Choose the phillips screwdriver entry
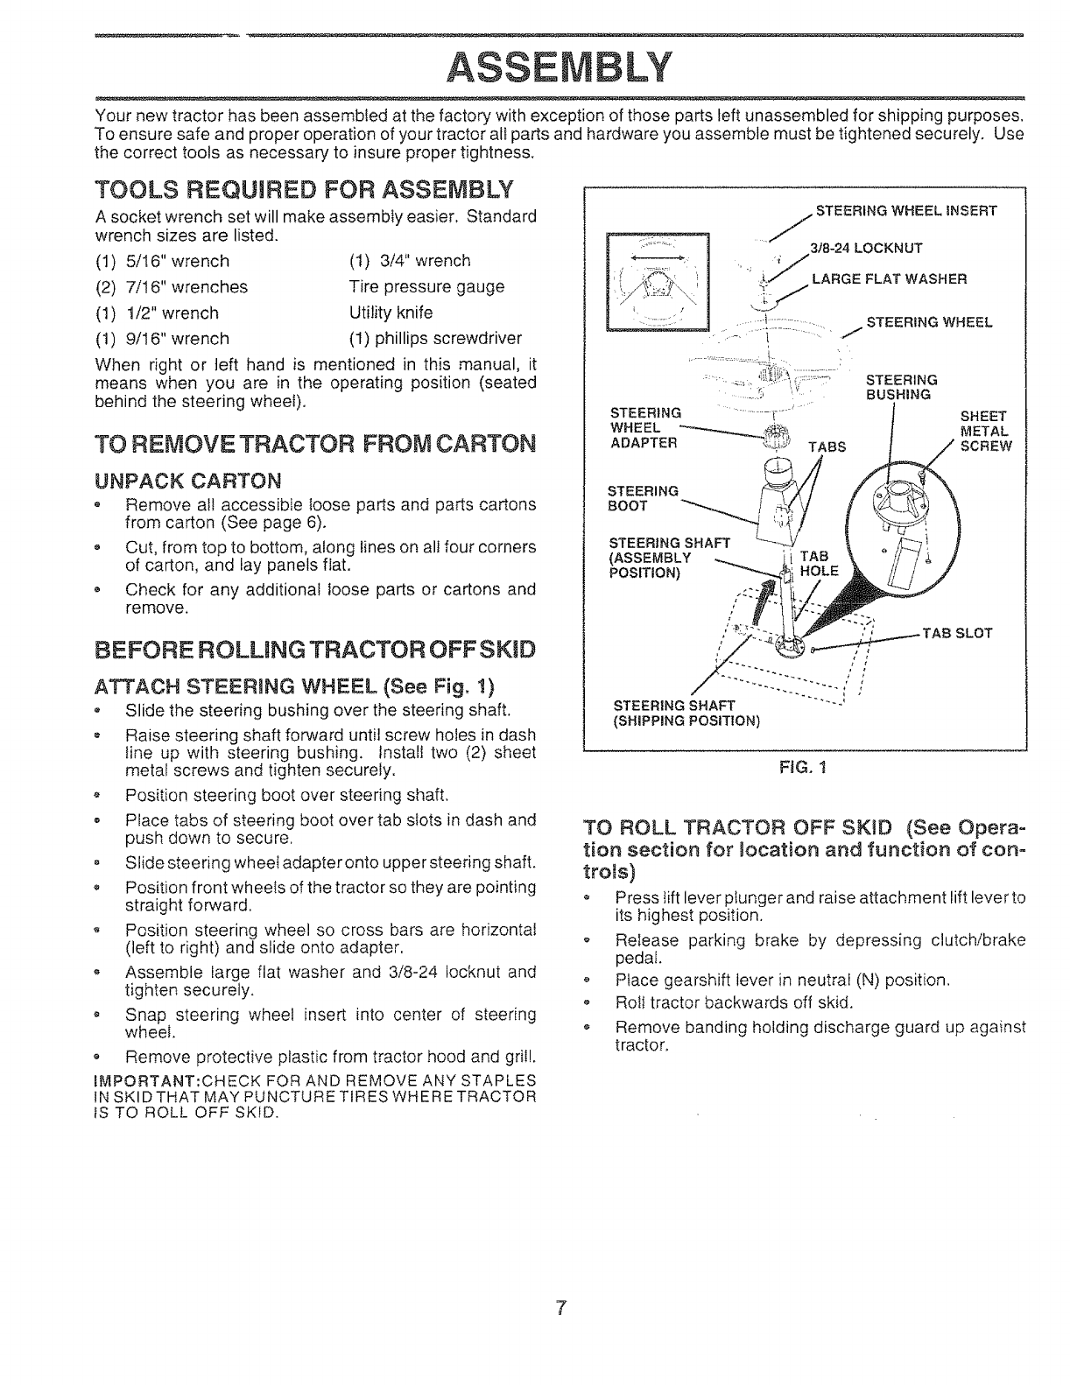pyautogui.click(x=435, y=339)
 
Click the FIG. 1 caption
pyautogui.click(x=803, y=768)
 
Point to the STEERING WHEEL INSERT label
pyautogui.click(x=906, y=211)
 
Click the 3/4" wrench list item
pyautogui.click(x=409, y=261)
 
